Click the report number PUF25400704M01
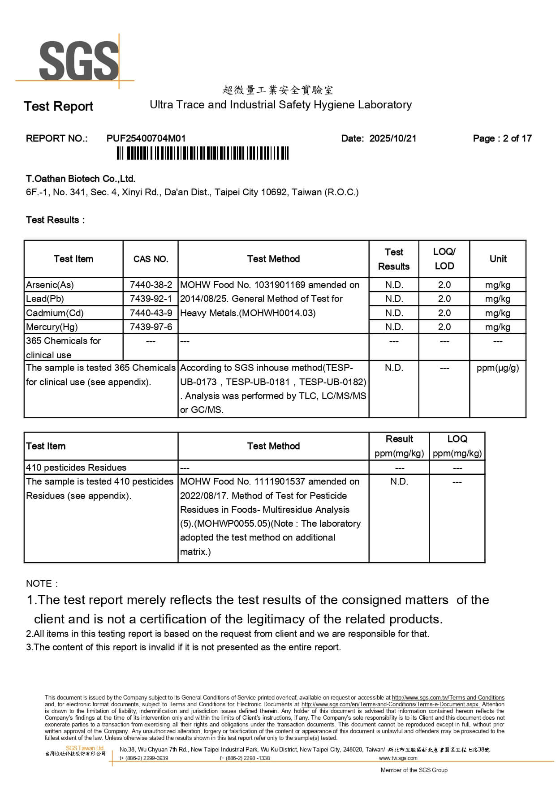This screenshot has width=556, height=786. (x=146, y=138)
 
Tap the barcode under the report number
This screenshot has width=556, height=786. (x=203, y=154)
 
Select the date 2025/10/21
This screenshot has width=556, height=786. (x=392, y=138)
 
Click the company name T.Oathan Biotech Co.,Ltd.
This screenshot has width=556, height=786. (x=81, y=179)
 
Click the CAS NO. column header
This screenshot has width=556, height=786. (x=151, y=259)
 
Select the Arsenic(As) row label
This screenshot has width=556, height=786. (x=50, y=285)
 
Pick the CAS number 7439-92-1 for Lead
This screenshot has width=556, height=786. (x=151, y=299)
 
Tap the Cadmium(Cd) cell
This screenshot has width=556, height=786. (x=55, y=313)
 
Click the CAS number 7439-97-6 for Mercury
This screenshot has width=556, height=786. (x=151, y=327)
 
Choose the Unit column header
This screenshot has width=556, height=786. (x=498, y=259)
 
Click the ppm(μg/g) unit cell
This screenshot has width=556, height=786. (x=498, y=368)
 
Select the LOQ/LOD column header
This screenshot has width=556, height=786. (x=444, y=259)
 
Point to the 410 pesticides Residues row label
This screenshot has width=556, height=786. (x=76, y=468)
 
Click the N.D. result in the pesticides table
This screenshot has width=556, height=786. (x=399, y=481)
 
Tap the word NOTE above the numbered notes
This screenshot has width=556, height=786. (x=39, y=584)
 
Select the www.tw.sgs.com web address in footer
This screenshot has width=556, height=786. (x=398, y=758)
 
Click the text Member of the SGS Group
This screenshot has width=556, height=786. (x=414, y=770)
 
